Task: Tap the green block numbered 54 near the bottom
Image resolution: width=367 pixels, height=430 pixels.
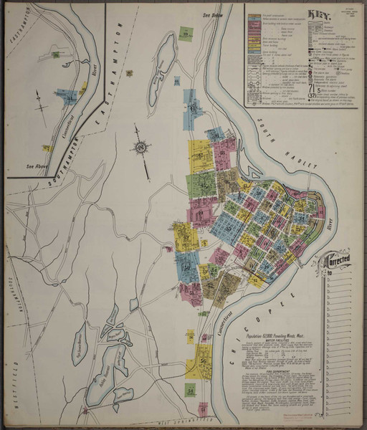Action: click(x=191, y=390)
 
